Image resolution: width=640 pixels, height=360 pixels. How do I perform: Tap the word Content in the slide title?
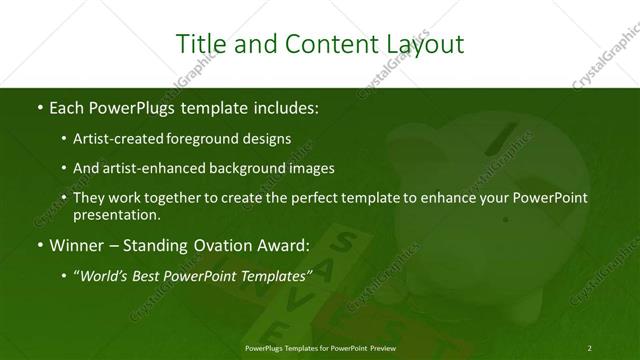(x=319, y=44)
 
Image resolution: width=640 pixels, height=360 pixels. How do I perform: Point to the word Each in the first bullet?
(x=66, y=105)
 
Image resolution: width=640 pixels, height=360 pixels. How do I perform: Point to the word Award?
(x=285, y=245)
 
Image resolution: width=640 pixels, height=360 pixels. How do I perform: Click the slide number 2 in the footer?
(x=590, y=346)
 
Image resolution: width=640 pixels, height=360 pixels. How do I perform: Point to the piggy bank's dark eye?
(x=505, y=219)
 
